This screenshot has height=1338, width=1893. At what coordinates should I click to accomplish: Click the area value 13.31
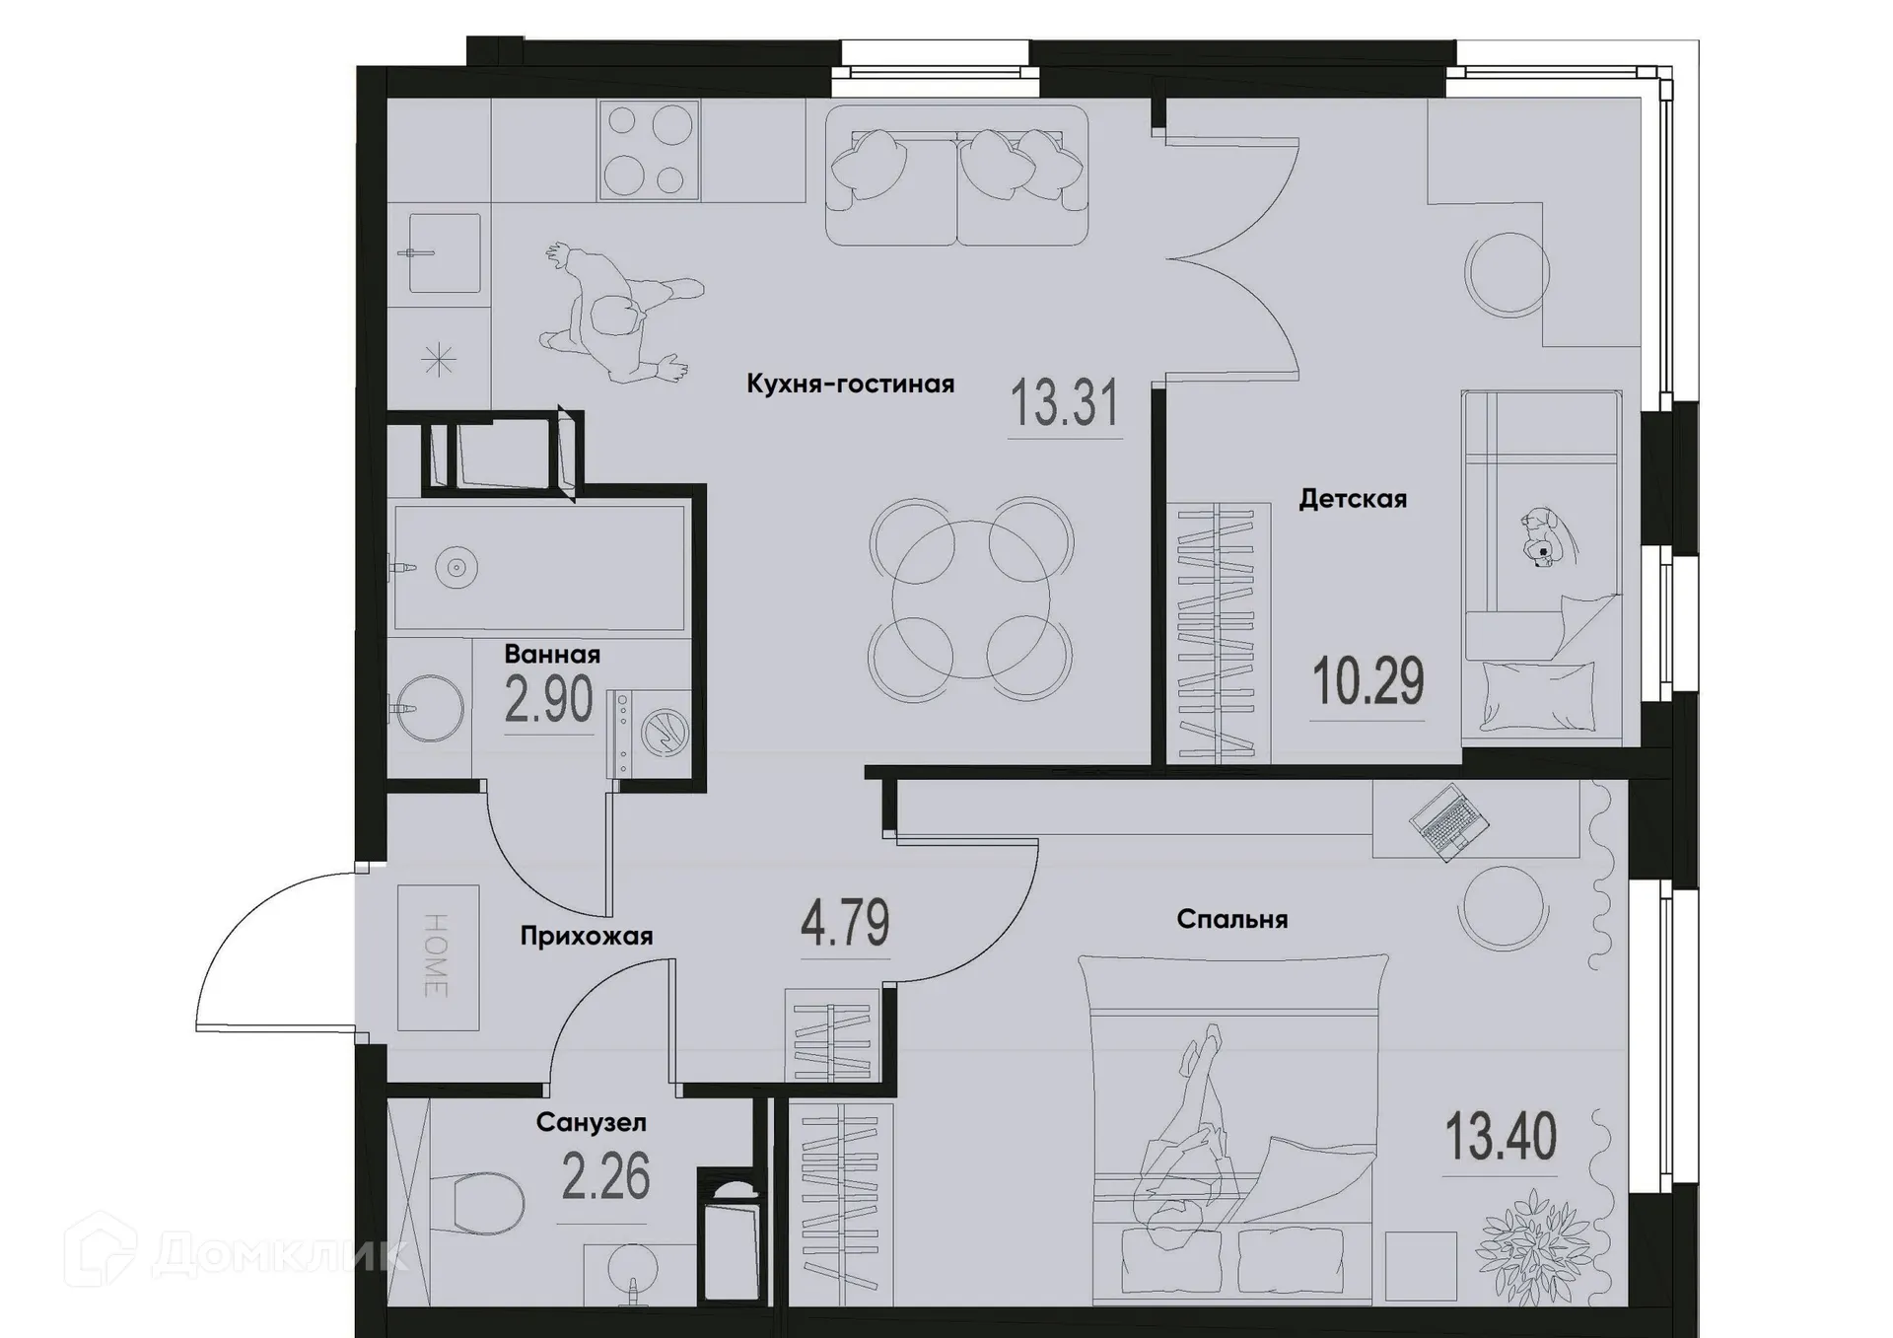pos(1066,404)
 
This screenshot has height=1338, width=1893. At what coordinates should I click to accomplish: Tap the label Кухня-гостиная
pos(850,384)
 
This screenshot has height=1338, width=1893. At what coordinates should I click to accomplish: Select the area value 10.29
pos(1367,682)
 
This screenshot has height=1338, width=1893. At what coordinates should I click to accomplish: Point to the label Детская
pos(1352,499)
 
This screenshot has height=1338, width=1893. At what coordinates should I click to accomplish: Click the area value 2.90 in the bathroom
pos(548,700)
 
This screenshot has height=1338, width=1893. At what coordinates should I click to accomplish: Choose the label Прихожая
pos(586,936)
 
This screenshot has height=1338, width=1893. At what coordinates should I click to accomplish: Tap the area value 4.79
pos(845,924)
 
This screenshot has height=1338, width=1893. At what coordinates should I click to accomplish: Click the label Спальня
pos(1231,920)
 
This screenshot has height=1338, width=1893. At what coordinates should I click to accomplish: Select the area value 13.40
pos(1500,1137)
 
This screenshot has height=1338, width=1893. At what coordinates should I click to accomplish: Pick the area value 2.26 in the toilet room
pos(605,1177)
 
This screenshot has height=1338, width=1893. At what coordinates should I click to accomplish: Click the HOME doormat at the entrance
pos(438,957)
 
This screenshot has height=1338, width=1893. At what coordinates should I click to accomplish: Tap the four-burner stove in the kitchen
pos(648,150)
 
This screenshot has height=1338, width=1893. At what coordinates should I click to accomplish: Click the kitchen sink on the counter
pos(444,252)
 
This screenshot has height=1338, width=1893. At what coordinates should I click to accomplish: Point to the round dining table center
pos(970,599)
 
